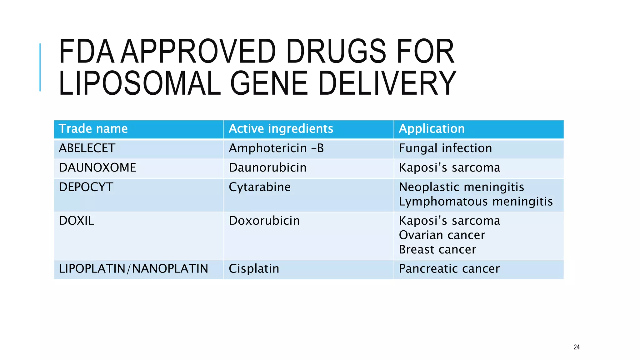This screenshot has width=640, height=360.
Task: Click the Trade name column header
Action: tap(93, 129)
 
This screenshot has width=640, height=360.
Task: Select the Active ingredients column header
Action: tap(281, 129)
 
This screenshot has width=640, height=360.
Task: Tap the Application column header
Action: tap(432, 129)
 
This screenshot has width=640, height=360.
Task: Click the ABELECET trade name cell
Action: tap(87, 148)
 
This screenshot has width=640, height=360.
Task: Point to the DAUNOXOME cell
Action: tap(97, 167)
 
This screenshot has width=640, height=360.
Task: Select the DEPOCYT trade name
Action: tap(86, 187)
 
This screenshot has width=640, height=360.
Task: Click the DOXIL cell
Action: tap(76, 221)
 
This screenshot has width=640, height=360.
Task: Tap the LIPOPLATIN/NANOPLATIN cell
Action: tap(133, 269)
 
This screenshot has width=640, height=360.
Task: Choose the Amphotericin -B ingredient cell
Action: tap(276, 148)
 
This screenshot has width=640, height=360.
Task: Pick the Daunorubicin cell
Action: tap(267, 167)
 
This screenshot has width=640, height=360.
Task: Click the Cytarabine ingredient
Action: tap(259, 187)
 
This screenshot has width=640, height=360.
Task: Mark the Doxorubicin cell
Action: tap(264, 221)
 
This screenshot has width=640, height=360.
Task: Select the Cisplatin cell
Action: tap(254, 269)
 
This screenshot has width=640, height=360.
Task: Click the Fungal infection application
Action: tap(445, 148)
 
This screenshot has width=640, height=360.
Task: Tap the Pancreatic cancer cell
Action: tap(449, 269)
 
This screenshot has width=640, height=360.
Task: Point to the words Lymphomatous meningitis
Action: tap(476, 202)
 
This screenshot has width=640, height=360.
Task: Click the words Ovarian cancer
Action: tap(442, 235)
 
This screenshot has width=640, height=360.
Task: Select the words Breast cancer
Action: tap(437, 250)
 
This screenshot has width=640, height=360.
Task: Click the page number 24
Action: tap(577, 347)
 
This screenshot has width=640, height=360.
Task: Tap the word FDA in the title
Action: tap(87, 52)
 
